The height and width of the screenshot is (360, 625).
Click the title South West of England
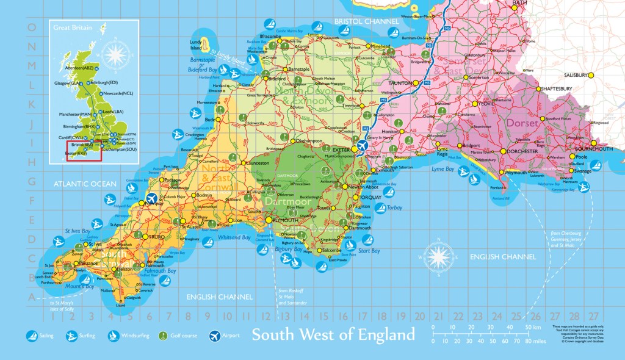pos(333,335)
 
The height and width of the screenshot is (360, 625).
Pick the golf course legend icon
pos(163,336)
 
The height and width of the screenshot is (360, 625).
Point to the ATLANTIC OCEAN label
pos(84,184)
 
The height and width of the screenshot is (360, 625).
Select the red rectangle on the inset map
pos(83,151)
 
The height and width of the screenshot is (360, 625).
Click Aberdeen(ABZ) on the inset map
pos(76,68)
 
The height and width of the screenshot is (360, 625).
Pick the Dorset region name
pos(522,123)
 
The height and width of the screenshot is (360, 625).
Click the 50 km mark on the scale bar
pos(529,328)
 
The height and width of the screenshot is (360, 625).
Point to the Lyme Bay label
pos(443,168)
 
